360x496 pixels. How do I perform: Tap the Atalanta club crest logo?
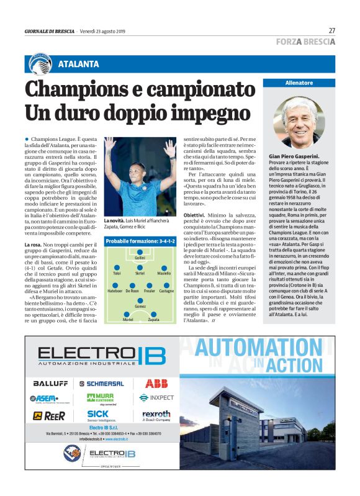(40, 63)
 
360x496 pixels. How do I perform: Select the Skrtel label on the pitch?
(140, 273)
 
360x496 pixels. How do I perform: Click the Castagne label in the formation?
(166, 291)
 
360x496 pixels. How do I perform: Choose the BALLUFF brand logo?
(50, 384)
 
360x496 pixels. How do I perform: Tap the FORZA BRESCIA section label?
(305, 42)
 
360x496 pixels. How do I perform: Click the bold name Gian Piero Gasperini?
(294, 156)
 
